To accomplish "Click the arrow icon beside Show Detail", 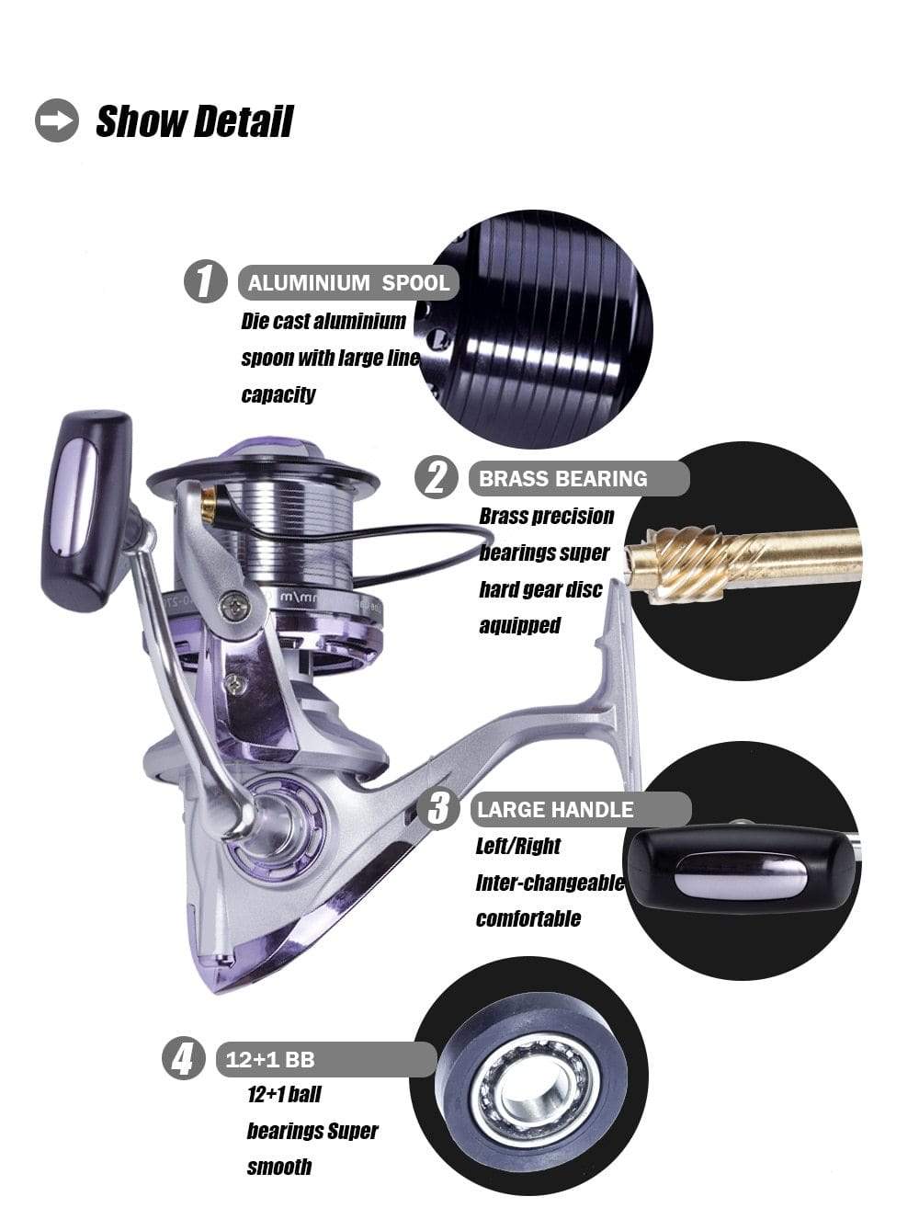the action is (57, 120).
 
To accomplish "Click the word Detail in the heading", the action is (244, 121).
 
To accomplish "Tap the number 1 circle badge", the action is (205, 281).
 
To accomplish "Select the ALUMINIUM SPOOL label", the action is (348, 283).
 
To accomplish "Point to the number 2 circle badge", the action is (437, 477).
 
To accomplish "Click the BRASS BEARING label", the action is (579, 478).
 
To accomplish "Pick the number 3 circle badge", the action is (437, 808).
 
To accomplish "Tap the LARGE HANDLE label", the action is (581, 810).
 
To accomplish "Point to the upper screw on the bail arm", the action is (235, 607).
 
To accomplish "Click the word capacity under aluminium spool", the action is (278, 394).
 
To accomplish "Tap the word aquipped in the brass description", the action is (520, 625).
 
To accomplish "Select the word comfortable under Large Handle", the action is (528, 918).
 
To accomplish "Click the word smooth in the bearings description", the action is (279, 1167).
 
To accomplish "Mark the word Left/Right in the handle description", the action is (518, 846).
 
